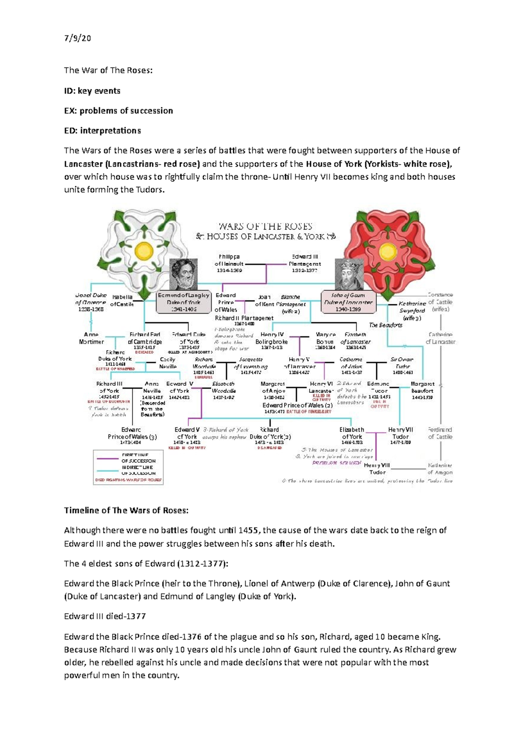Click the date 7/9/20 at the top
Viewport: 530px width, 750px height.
(77, 38)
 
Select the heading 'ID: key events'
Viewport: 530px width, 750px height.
(92, 91)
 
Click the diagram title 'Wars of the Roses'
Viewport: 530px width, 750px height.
(265, 227)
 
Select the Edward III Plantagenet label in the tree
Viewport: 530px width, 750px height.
(305, 263)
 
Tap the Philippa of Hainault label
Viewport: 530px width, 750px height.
(229, 263)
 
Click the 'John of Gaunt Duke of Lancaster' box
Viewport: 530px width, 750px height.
(348, 302)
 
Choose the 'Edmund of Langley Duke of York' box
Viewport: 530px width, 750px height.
(184, 303)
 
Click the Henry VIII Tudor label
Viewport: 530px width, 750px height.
(377, 469)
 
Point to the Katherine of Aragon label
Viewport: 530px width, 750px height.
(440, 469)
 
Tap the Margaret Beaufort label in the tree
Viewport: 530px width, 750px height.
(422, 390)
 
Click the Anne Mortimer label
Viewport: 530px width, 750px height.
(91, 338)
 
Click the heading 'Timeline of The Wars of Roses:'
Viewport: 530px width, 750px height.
(126, 511)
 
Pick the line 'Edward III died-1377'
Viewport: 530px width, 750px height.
(105, 616)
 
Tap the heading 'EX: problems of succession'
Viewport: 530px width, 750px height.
(118, 111)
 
